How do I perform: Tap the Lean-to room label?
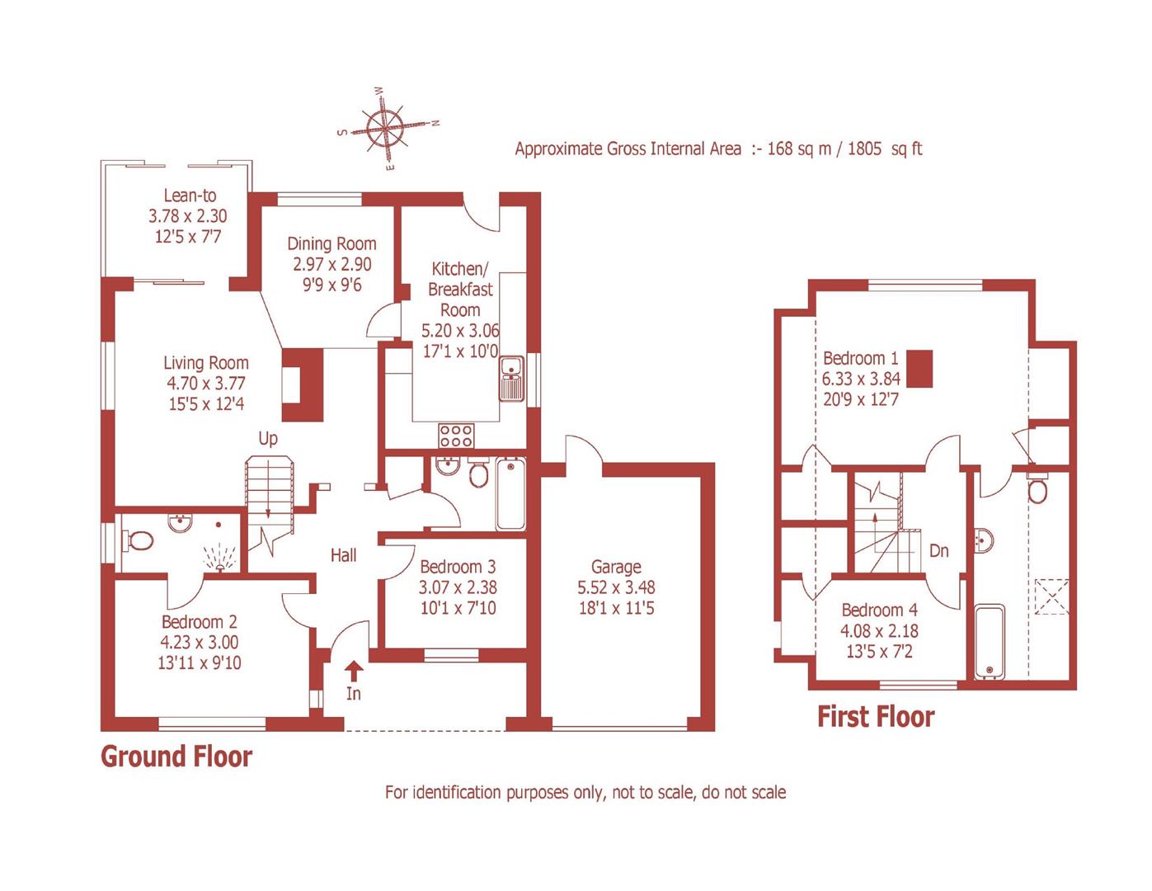point(190,196)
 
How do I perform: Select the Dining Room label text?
point(331,243)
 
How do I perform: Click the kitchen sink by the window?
point(512,379)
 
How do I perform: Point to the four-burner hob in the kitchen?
point(456,434)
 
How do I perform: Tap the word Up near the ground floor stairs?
point(268,439)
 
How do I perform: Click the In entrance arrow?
point(353,670)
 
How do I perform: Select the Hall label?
point(343,555)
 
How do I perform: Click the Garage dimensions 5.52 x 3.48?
point(616,588)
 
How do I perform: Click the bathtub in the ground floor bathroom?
point(510,494)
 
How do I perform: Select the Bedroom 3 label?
point(458,567)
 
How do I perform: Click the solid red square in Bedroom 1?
point(919,369)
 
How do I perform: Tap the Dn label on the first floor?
point(938,551)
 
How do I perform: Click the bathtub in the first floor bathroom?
point(988,641)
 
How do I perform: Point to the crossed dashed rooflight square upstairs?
point(1051,596)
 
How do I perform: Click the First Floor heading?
point(876,717)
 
